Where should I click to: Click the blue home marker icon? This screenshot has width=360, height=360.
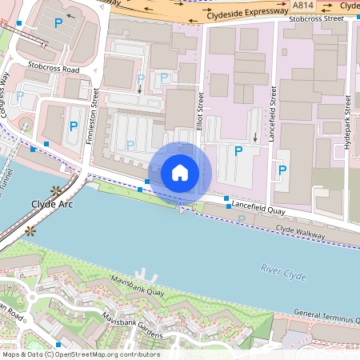coord(180,172)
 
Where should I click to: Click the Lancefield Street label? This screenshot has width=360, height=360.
coord(272,117)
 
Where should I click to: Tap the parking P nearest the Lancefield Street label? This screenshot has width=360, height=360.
coord(282,170)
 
